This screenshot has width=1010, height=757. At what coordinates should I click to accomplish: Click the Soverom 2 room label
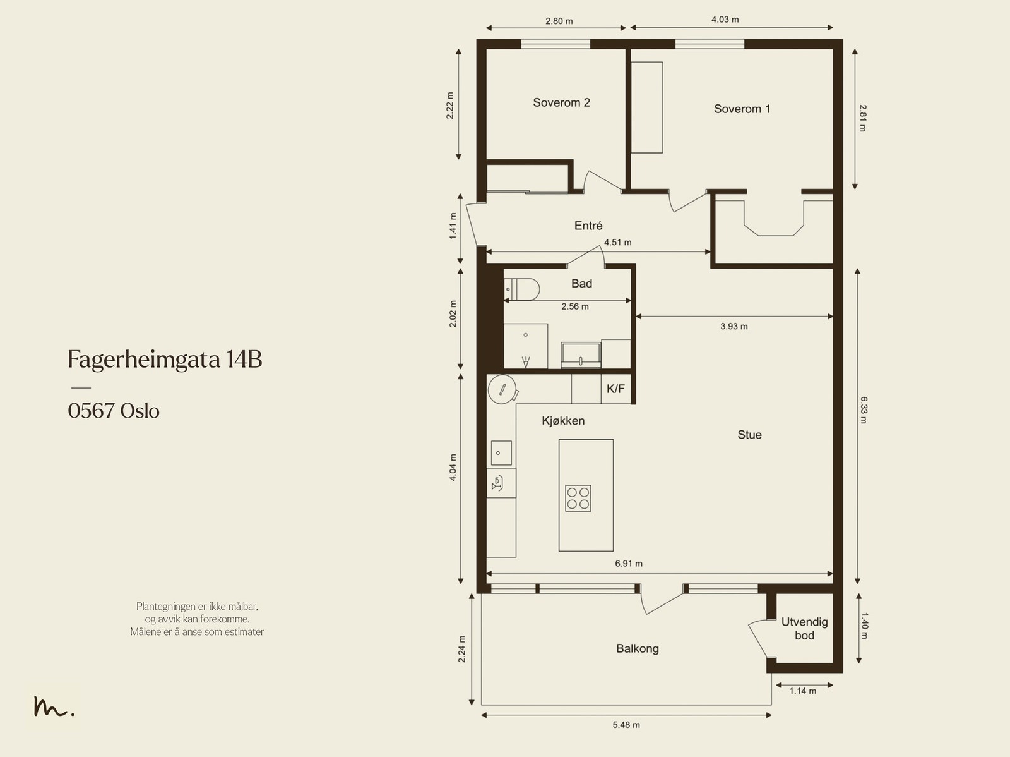(x=561, y=102)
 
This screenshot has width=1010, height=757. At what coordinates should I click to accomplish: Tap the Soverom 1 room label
(x=742, y=109)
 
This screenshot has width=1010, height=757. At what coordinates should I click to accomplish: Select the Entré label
(x=588, y=226)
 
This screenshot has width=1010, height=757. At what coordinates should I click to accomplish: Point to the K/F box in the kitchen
(x=615, y=389)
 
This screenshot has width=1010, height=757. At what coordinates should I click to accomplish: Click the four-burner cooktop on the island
(x=578, y=498)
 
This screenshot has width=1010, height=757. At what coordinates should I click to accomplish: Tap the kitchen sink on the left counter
(x=501, y=453)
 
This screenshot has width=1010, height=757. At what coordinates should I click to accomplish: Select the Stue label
(x=749, y=435)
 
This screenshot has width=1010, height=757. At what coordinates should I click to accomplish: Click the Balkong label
(x=637, y=648)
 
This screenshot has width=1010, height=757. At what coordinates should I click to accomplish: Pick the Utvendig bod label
(x=804, y=629)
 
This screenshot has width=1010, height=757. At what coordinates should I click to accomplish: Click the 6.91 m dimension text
(x=629, y=564)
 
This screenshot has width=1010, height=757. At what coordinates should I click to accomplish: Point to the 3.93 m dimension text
(x=734, y=327)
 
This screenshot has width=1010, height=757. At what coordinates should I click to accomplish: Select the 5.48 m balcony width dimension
(x=626, y=725)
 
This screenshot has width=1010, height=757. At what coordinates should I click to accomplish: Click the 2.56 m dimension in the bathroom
(x=574, y=306)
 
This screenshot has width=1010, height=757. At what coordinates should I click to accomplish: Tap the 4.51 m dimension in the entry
(x=617, y=242)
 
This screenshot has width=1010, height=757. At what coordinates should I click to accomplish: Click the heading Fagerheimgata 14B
(x=164, y=360)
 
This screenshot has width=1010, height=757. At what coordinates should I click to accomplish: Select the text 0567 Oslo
(x=114, y=411)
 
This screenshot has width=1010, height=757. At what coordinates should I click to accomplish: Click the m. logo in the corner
(x=54, y=707)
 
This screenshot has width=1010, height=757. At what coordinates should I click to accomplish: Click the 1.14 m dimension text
(x=802, y=691)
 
